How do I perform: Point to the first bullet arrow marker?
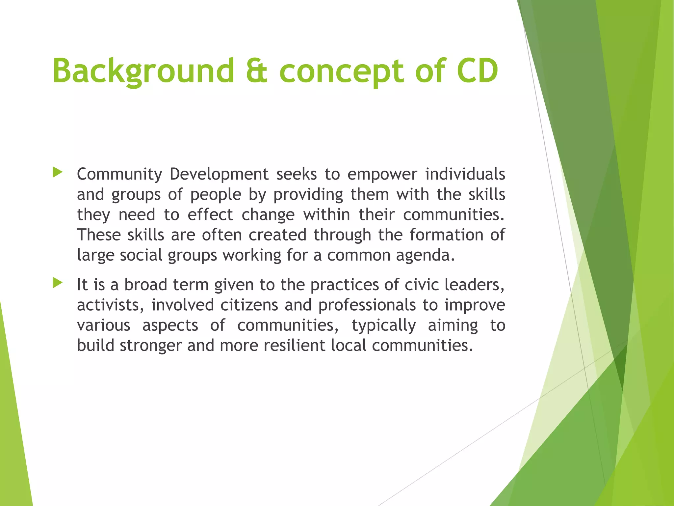point(57,172)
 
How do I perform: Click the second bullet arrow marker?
point(57,283)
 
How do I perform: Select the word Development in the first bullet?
point(219,174)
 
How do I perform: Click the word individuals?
point(465,174)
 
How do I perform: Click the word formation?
point(446,235)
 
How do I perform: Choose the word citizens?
point(249,305)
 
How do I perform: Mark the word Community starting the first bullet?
point(119,174)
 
